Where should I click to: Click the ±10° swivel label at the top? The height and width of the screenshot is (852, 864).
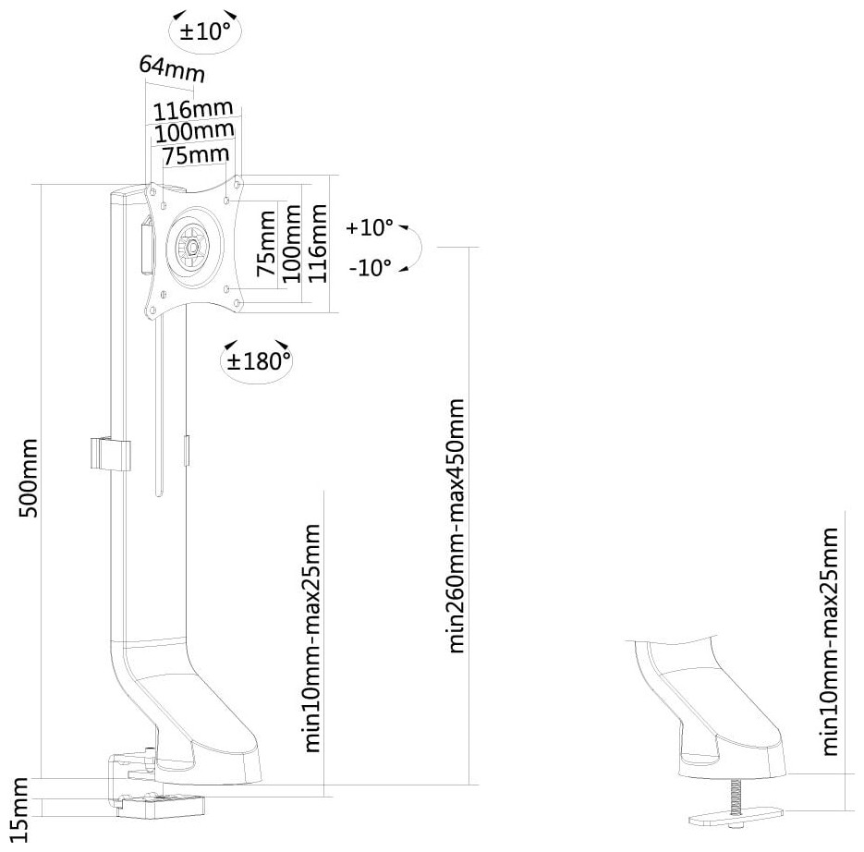[206, 31]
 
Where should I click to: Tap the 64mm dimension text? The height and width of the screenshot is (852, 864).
[172, 68]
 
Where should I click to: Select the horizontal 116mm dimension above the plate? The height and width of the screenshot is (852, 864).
[193, 110]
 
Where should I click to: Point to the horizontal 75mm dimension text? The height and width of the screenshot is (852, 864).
[196, 155]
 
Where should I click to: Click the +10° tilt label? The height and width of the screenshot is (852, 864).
[370, 227]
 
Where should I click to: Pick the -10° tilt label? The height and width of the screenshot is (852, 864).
[371, 268]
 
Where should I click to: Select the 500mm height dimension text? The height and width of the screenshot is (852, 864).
[28, 478]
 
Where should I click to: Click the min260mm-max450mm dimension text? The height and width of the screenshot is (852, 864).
[456, 526]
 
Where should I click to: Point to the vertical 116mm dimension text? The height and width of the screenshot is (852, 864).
[317, 243]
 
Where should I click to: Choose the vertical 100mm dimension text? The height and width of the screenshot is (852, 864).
[291, 244]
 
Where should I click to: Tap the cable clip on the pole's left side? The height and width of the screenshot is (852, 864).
[110, 454]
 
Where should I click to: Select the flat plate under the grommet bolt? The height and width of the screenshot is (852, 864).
[736, 816]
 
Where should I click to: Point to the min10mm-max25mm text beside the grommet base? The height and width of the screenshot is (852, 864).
[829, 641]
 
